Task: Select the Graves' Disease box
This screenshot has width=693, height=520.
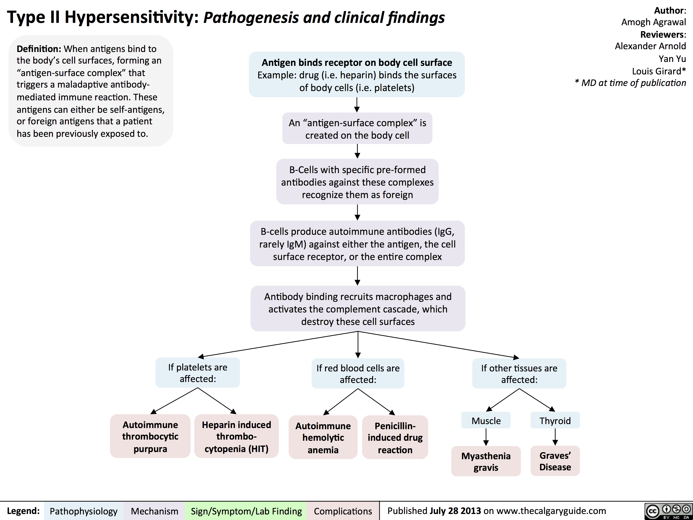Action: pyautogui.click(x=555, y=461)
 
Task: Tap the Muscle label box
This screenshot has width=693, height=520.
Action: pyautogui.click(x=486, y=420)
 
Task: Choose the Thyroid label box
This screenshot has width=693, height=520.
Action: pyautogui.click(x=555, y=420)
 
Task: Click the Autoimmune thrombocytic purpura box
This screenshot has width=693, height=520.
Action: pyautogui.click(x=150, y=436)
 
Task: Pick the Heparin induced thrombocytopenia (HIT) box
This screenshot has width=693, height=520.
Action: pyautogui.click(x=236, y=436)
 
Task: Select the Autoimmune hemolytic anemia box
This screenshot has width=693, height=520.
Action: pyautogui.click(x=323, y=437)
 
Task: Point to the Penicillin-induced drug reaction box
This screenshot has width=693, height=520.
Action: pyautogui.click(x=395, y=437)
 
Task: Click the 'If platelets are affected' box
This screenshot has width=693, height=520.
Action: pyautogui.click(x=198, y=373)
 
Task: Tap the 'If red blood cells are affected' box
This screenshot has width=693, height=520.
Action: pyautogui.click(x=358, y=374)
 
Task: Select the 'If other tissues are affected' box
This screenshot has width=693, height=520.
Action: pyautogui.click(x=519, y=374)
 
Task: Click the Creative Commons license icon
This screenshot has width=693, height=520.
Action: pyautogui.click(x=668, y=511)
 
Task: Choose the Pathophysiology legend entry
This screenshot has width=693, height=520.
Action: pyautogui.click(x=83, y=511)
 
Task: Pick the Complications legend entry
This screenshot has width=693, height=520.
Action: pyautogui.click(x=343, y=511)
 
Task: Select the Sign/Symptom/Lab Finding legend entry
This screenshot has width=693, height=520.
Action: pyautogui.click(x=246, y=511)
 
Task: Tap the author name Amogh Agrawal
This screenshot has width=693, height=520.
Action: pyautogui.click(x=653, y=22)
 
